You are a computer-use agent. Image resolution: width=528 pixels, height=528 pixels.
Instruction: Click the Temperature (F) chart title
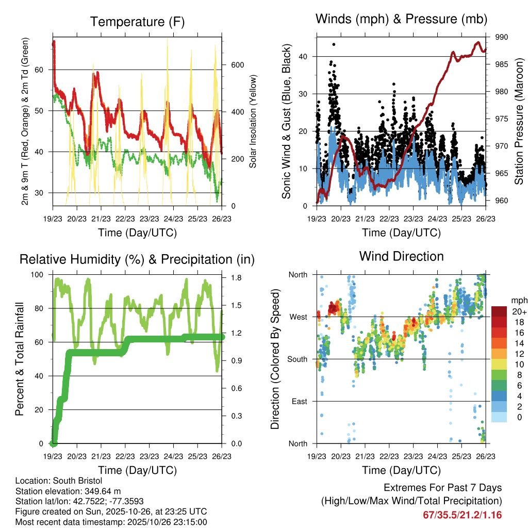click(x=137, y=22)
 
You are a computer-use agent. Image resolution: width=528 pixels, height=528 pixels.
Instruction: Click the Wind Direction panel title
click(x=401, y=256)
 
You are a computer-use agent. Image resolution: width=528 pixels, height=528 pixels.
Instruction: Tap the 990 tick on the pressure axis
click(x=502, y=37)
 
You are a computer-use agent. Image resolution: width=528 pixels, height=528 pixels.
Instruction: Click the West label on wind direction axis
click(x=298, y=317)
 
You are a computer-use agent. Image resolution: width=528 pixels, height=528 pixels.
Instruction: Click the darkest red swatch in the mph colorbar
click(x=499, y=311)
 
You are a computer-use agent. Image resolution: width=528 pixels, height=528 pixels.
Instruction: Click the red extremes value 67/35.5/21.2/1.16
click(x=462, y=515)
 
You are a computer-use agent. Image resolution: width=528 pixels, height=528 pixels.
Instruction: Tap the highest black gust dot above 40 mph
click(x=334, y=44)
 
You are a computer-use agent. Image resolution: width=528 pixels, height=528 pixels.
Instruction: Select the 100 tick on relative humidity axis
click(x=41, y=274)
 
